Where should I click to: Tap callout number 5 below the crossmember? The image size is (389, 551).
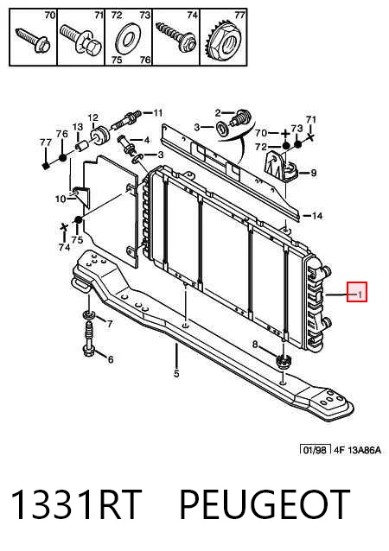click(x=176, y=374)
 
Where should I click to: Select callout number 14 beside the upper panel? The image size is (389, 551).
click(x=317, y=215)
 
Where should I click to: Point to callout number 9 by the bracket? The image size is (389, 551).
click(x=314, y=173)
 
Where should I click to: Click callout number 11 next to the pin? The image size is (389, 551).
click(x=157, y=113)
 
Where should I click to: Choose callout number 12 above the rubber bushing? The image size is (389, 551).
click(x=93, y=117)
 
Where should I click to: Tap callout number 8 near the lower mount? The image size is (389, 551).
click(x=255, y=345)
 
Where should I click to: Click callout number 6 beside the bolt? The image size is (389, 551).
click(x=111, y=359)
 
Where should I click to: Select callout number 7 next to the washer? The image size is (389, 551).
click(x=110, y=323)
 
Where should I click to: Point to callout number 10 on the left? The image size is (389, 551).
click(x=61, y=199)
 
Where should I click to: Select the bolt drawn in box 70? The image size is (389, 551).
click(x=34, y=40)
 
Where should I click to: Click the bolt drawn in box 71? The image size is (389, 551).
click(x=80, y=38)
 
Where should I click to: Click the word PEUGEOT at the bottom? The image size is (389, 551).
click(x=265, y=504)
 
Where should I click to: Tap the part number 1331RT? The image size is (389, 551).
click(x=75, y=504)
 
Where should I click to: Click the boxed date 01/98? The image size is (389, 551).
click(x=316, y=449)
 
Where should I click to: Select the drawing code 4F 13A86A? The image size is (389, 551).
click(x=357, y=449)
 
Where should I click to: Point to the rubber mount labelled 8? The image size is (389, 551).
click(x=283, y=361)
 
